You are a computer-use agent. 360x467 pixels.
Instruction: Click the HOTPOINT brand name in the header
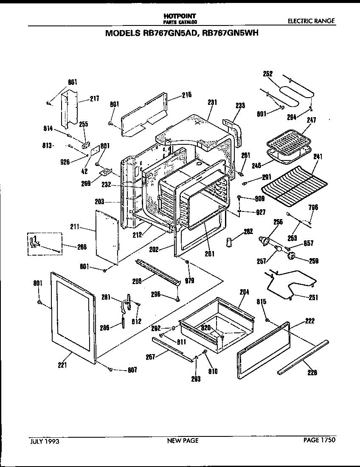click(180, 15)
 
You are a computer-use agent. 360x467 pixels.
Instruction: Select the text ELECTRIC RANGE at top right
click(311, 21)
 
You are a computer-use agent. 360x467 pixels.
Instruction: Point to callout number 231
click(212, 102)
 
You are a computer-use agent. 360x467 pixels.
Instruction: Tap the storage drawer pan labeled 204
click(217, 323)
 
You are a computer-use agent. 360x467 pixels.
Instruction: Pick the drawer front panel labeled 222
click(262, 349)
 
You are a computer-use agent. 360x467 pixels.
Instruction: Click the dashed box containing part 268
click(45, 245)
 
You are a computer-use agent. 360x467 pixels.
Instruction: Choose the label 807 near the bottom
click(132, 370)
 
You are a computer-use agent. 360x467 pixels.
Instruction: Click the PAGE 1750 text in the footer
click(319, 440)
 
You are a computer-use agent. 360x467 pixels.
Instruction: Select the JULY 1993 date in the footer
click(44, 441)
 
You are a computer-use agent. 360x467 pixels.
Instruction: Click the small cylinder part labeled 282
click(230, 242)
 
